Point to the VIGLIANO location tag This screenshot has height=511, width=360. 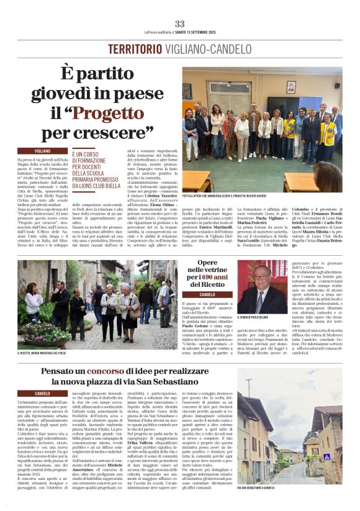coord(43,151)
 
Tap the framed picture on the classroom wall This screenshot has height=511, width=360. coord(290,87)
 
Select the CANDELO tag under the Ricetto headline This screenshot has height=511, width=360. coord(207,294)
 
